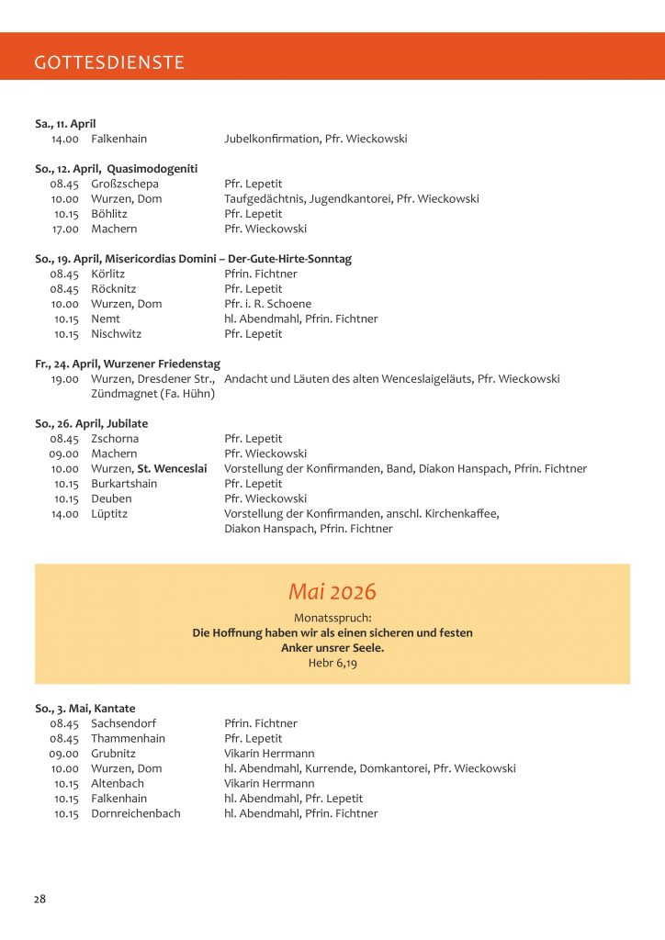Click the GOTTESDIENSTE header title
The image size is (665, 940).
[x=109, y=62]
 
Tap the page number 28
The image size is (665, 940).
[x=40, y=899]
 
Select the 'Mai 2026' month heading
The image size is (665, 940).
[x=332, y=592]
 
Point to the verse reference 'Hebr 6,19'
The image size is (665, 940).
[x=332, y=662]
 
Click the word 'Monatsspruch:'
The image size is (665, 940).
[x=332, y=618]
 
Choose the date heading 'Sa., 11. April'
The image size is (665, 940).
[x=65, y=124]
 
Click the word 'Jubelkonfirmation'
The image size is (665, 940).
[x=271, y=139]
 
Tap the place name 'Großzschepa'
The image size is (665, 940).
[x=125, y=184]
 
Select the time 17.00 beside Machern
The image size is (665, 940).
[x=65, y=229]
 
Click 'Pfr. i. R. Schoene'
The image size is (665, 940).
[x=267, y=304]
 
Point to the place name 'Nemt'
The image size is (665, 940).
[x=106, y=319]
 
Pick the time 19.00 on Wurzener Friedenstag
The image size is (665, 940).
[x=65, y=378]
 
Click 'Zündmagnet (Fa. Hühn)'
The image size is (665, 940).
[x=152, y=394]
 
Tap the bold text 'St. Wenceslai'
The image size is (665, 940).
[x=172, y=468]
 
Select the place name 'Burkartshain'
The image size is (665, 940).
[x=124, y=484]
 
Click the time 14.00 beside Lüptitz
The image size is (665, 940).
[x=65, y=513]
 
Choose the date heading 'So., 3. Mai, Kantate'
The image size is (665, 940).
[x=85, y=709]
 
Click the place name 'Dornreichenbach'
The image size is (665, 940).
[x=136, y=813]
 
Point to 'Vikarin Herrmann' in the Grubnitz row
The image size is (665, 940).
[x=269, y=754]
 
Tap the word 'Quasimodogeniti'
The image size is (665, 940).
[x=152, y=169]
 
